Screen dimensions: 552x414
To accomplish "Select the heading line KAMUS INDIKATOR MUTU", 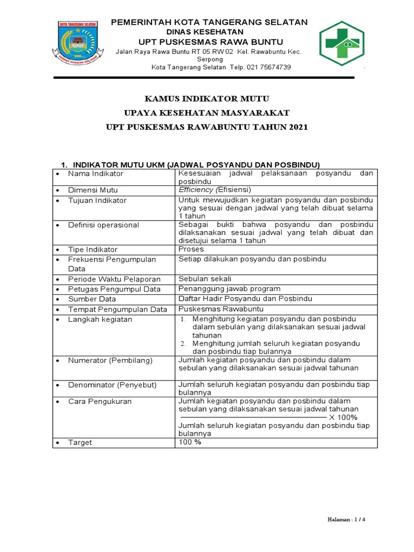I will (x=207, y=99).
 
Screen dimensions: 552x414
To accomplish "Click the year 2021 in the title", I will (x=298, y=127).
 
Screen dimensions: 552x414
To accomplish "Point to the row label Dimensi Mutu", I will (x=93, y=190).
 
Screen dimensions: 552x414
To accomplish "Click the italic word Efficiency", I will (x=196, y=190).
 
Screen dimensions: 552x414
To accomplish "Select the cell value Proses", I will (x=191, y=250).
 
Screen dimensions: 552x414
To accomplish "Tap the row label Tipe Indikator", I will (x=93, y=250).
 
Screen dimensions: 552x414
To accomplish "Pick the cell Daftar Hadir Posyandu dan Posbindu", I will (x=245, y=299).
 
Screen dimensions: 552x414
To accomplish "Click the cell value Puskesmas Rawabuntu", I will (x=213, y=309).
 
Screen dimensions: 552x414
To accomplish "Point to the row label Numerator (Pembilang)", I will (x=111, y=360).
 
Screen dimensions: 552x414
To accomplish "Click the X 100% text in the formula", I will (x=343, y=417).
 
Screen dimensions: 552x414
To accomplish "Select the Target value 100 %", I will (x=190, y=442).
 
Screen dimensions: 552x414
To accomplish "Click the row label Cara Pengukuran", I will (x=99, y=402).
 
